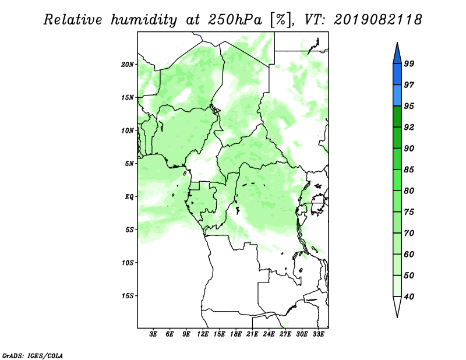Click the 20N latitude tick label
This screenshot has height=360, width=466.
point(128,65)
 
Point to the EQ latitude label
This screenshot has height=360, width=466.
point(129,197)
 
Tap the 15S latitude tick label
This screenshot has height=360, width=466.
point(128,296)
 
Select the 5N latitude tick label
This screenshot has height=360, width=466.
point(129,164)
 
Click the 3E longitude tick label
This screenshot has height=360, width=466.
point(153,334)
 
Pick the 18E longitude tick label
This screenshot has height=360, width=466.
point(236,334)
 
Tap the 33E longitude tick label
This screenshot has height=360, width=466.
point(318,334)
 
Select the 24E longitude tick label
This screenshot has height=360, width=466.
point(269,334)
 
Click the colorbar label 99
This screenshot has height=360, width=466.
point(409,63)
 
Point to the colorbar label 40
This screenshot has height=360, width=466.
point(409,297)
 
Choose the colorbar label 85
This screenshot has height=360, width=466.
point(409,170)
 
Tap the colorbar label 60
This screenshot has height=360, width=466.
point(409,254)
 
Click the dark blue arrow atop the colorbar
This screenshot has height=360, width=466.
point(397,55)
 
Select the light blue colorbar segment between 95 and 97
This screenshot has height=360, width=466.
point(397,96)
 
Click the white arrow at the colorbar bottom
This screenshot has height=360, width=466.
point(397,306)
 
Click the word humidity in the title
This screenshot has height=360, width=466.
point(144,20)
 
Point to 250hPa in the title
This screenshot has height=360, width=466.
point(235,20)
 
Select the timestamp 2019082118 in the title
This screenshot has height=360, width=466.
point(377,20)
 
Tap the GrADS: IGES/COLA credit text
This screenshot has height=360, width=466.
point(33,355)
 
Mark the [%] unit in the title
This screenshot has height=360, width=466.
point(281,20)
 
